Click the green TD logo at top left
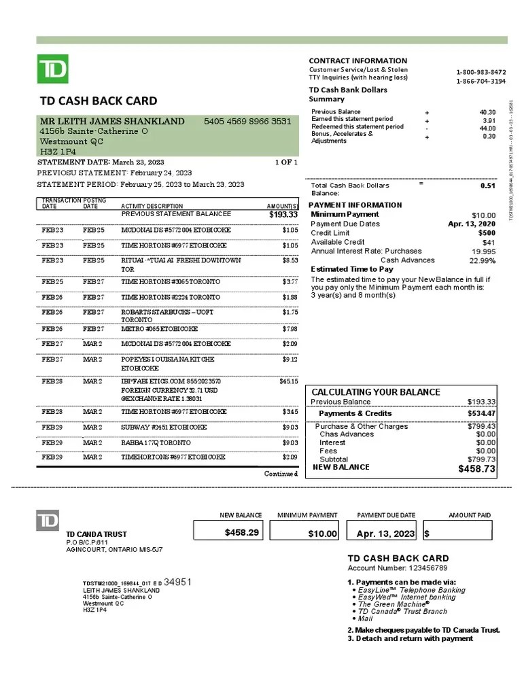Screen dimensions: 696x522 tap(52, 69)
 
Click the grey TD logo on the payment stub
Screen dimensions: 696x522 tap(47, 521)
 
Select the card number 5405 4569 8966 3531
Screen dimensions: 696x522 tap(247, 122)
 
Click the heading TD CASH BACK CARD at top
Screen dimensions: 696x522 tap(99, 101)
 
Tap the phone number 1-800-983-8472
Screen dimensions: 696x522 tap(481, 72)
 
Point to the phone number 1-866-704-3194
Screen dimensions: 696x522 tap(481, 81)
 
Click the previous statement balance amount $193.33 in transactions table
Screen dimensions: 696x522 tap(283, 215)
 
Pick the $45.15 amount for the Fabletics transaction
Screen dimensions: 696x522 tap(289, 381)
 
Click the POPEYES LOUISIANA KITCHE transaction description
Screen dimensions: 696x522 tap(167, 359)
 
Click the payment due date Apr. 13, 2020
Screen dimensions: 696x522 tap(472, 224)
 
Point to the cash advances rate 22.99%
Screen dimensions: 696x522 tap(483, 260)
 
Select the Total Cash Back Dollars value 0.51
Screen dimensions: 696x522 tap(487, 186)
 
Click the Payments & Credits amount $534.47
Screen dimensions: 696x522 tap(481, 413)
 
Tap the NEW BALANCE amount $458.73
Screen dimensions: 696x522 tap(477, 469)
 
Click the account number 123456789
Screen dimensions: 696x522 tap(423, 568)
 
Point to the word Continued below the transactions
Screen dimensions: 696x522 tap(281, 474)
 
